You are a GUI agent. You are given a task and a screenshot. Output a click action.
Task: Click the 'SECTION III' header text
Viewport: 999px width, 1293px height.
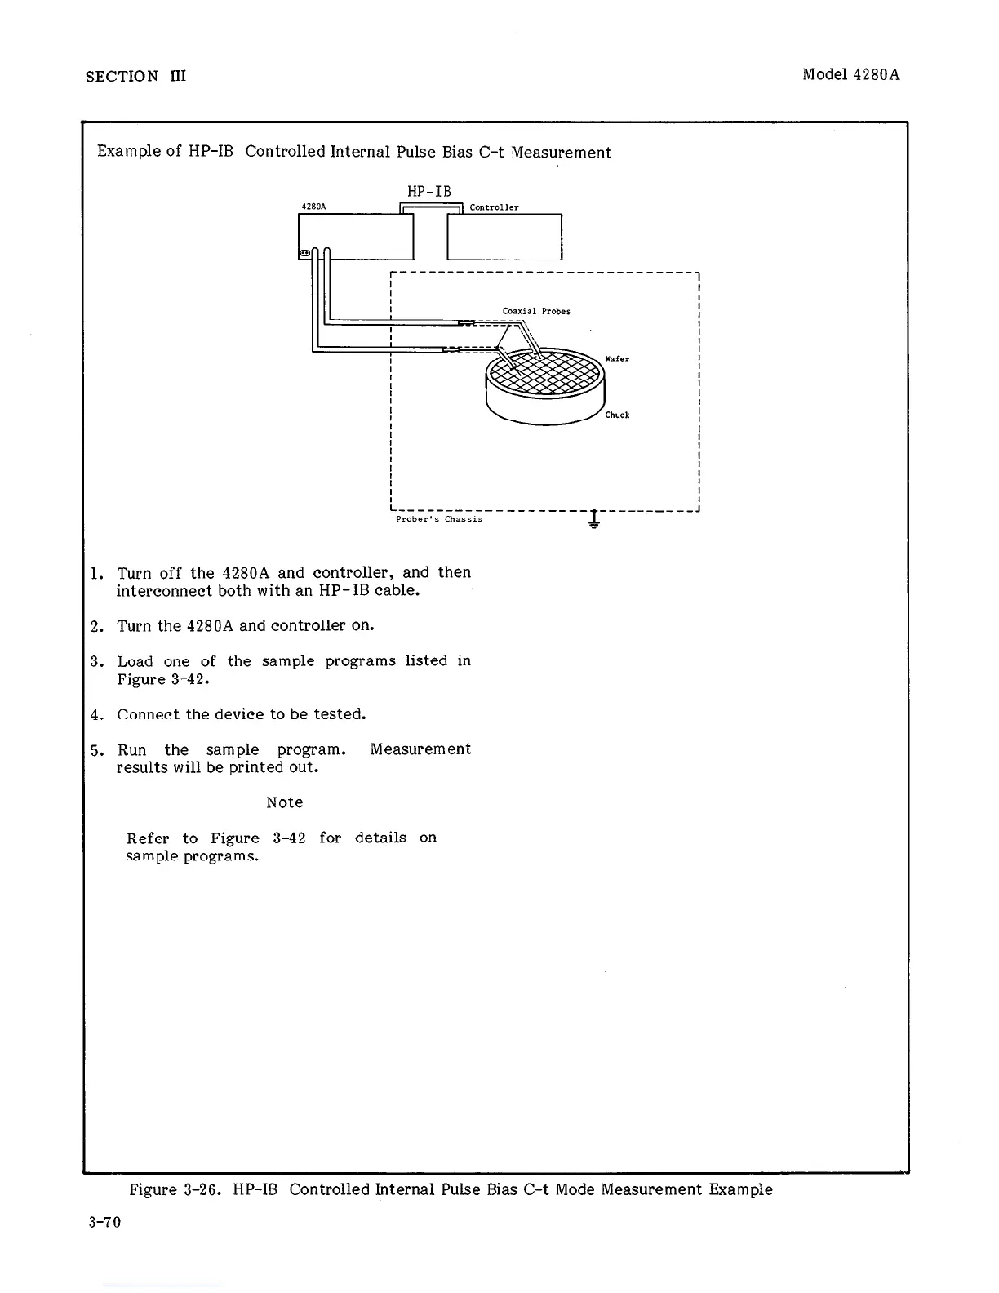coord(136,76)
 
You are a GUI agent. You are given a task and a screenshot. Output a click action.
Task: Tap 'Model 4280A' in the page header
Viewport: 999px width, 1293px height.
coord(851,74)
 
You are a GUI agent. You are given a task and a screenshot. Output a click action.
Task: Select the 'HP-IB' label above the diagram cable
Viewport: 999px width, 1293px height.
coord(429,191)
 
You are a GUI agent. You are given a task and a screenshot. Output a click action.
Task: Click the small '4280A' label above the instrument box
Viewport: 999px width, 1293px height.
coord(313,207)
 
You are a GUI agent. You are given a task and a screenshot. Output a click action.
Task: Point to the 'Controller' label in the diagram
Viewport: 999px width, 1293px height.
coord(494,207)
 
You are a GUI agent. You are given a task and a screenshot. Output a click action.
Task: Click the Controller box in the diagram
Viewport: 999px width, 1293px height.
coord(504,237)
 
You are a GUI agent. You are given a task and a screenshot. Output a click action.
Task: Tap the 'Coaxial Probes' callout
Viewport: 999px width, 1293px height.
coord(536,311)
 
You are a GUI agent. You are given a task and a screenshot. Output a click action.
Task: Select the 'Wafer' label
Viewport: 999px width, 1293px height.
coord(617,359)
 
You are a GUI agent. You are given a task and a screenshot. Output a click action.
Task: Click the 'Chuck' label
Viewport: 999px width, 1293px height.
coord(617,415)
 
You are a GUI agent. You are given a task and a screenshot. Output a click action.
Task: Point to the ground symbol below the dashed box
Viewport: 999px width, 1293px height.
coord(594,520)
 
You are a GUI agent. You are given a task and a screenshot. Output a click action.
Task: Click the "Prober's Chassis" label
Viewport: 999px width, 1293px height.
coord(439,519)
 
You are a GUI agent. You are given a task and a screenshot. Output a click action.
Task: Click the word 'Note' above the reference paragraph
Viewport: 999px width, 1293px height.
coord(285,802)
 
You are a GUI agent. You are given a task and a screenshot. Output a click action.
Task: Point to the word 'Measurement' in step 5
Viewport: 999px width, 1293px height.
coord(420,749)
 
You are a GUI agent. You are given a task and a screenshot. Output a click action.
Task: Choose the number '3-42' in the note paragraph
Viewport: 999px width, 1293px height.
coord(289,838)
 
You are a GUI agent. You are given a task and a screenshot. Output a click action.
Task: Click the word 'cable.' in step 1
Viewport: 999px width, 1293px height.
coord(397,590)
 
